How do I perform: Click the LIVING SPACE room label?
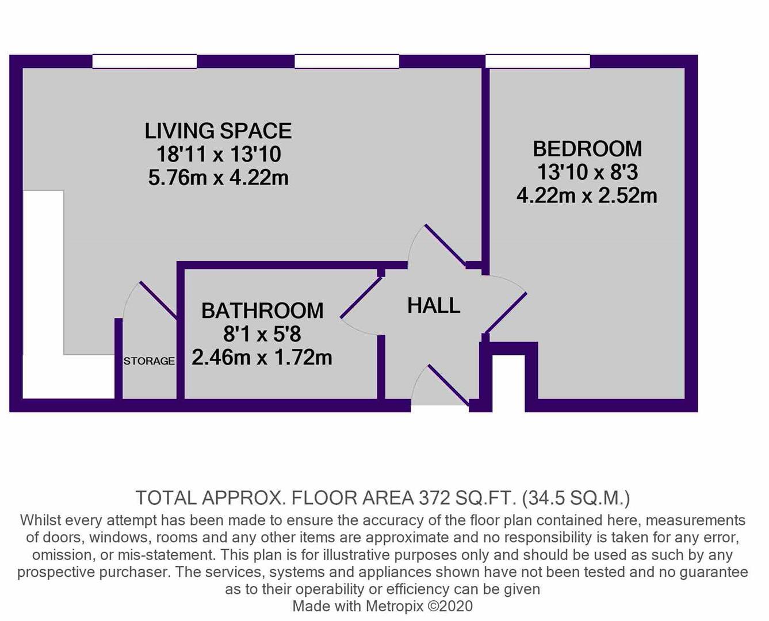click(218, 131)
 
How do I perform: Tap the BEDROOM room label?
click(587, 149)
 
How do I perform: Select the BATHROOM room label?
click(262, 310)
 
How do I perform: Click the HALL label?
click(434, 305)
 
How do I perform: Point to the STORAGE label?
click(149, 361)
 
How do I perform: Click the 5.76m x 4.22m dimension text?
click(218, 178)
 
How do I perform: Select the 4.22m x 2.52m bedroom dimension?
click(587, 195)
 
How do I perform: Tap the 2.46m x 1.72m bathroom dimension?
click(262, 358)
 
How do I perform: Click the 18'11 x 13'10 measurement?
click(218, 154)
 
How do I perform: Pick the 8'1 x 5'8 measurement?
click(262, 334)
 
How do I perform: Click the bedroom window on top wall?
click(538, 61)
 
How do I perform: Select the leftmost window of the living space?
click(144, 61)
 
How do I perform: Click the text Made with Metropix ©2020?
click(382, 605)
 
